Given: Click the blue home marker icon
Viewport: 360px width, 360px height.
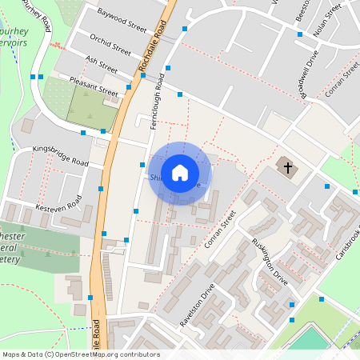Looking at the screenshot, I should coord(180,173).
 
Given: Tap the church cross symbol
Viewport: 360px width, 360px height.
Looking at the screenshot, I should coord(286,168).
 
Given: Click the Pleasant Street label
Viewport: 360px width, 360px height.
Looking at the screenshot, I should coord(93,88).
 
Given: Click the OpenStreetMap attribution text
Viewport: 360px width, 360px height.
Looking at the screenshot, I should coord(80,354).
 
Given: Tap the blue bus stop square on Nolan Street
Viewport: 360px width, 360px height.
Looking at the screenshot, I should coord(300,34).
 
